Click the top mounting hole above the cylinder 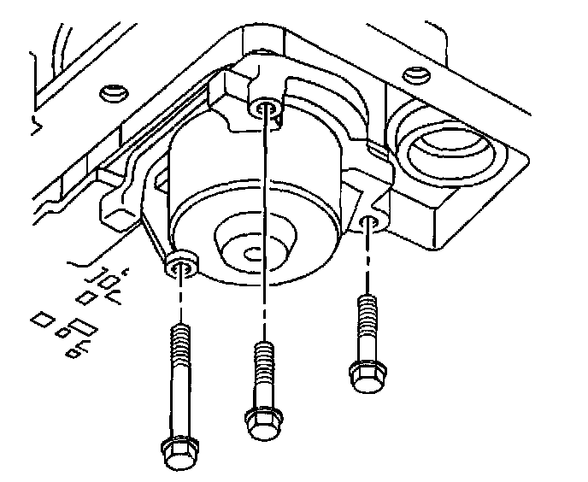pyautogui.click(x=265, y=109)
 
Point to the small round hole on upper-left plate pyautogui.click(x=109, y=91)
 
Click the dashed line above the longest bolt pyautogui.click(x=181, y=303)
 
